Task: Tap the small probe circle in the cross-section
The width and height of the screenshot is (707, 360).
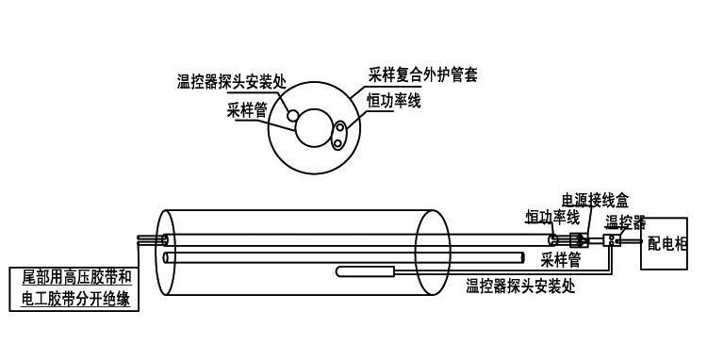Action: [x=293, y=115]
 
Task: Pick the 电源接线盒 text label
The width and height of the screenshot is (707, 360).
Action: [x=595, y=198]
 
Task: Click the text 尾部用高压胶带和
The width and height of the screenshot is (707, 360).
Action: [x=79, y=278]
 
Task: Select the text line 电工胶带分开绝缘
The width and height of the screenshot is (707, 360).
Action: [x=79, y=300]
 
